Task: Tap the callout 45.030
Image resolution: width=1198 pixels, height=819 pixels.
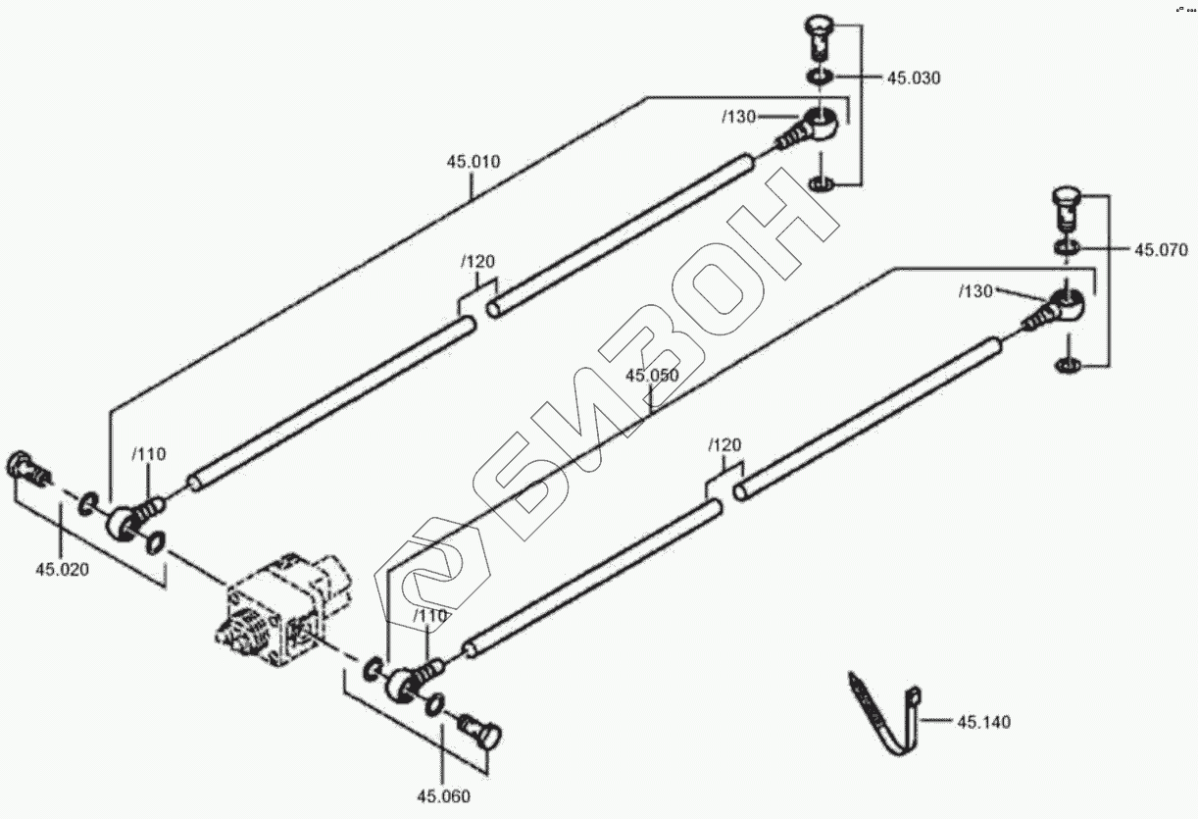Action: point(914,78)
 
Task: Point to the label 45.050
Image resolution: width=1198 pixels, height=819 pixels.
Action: point(652,376)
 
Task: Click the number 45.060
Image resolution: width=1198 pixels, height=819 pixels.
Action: point(443,795)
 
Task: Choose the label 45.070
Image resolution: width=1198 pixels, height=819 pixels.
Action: point(1161,250)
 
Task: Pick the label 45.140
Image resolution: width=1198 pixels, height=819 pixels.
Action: point(983,723)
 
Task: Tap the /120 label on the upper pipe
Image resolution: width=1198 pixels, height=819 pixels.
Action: point(477,262)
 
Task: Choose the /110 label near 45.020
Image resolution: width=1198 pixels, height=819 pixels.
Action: point(150,454)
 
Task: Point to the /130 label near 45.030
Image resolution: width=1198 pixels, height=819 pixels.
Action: point(739,117)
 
